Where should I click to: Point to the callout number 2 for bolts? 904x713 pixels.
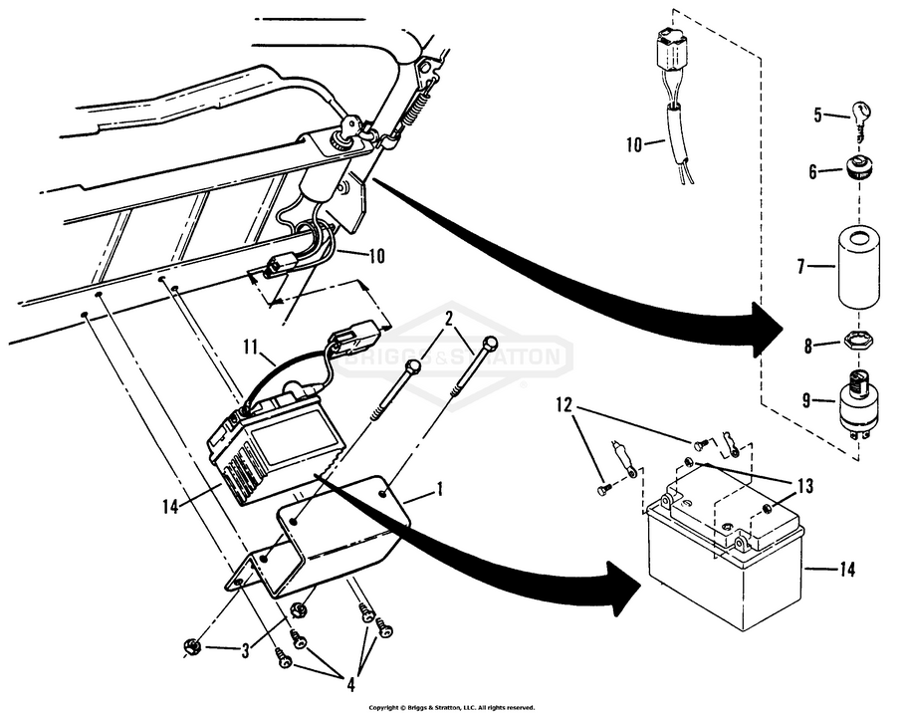[x=449, y=321]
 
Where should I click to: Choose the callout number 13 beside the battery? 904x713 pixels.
[x=803, y=487]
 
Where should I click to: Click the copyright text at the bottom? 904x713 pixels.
[x=458, y=707]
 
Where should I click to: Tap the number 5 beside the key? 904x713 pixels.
[x=816, y=116]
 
